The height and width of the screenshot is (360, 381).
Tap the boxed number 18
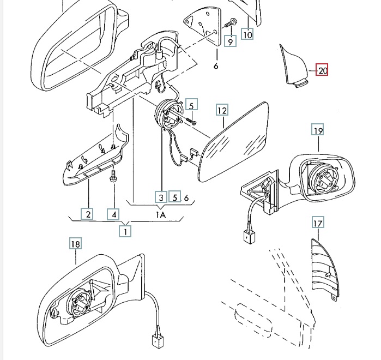75,243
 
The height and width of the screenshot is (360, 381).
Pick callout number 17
318,223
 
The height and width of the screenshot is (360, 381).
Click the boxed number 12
222,110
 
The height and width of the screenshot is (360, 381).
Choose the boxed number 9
230,41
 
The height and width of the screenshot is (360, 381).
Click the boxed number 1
125,231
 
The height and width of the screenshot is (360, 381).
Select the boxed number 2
87,214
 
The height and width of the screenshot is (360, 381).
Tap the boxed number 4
113,214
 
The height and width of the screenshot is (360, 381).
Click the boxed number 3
161,197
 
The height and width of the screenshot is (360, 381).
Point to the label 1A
161,215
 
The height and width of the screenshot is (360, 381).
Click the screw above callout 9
229,23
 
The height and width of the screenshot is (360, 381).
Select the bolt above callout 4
113,176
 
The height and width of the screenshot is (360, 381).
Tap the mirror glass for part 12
233,142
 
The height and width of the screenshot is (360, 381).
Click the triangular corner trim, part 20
293,67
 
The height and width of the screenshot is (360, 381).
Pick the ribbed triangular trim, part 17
324,269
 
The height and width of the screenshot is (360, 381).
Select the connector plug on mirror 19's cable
250,236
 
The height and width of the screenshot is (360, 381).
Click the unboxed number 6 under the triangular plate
216,65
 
